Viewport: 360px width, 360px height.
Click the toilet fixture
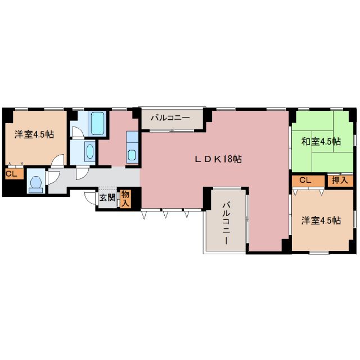pyautogui.click(x=35, y=183)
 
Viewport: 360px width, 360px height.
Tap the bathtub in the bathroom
pyautogui.click(x=97, y=123)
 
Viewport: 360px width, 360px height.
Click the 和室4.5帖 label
pyautogui.click(x=320, y=141)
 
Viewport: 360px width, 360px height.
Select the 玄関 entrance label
pyautogui.click(x=107, y=197)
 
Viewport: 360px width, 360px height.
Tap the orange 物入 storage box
pyautogui.click(x=125, y=199)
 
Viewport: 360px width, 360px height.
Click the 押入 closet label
pyautogui.click(x=340, y=181)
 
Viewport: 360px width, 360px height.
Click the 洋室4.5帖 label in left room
pyautogui.click(x=34, y=134)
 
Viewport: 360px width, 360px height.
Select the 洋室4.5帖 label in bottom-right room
pyautogui.click(x=320, y=220)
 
